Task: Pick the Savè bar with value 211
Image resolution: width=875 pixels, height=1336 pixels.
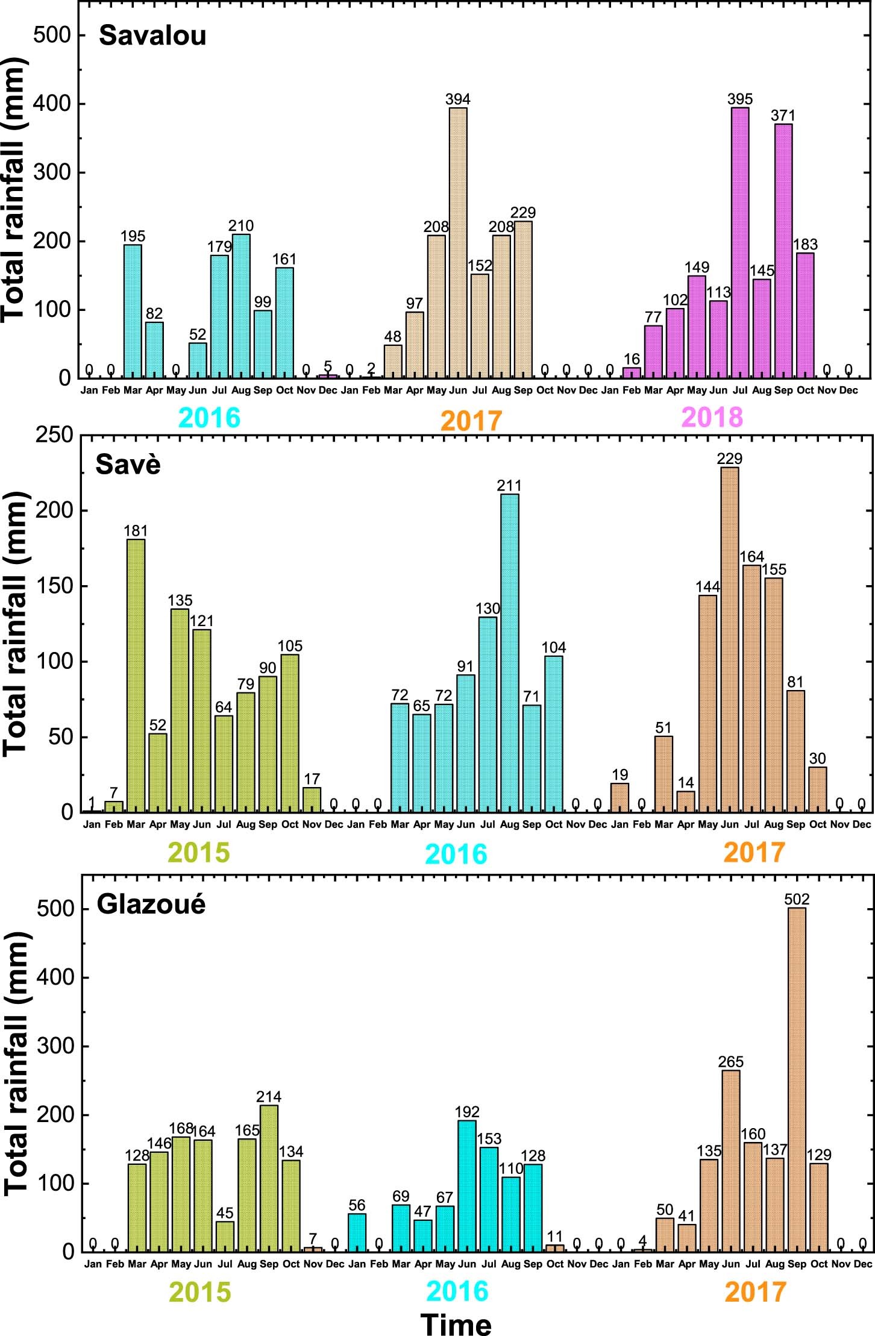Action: click(x=509, y=653)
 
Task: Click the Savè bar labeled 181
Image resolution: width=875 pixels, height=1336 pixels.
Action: click(x=136, y=676)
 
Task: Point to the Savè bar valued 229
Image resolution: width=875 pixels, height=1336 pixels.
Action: click(x=730, y=640)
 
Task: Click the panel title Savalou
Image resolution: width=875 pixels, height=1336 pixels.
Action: click(x=152, y=36)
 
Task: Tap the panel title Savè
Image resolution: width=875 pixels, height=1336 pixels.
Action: click(x=128, y=465)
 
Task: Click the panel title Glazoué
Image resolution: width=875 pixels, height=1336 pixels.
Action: click(x=151, y=905)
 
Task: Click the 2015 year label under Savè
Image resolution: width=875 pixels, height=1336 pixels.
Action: click(x=199, y=851)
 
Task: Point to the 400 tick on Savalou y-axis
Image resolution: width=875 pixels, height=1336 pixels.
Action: click(x=52, y=104)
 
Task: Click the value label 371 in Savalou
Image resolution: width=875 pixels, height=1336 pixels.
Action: click(x=783, y=115)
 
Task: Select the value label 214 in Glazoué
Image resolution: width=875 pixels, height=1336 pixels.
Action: click(x=269, y=1096)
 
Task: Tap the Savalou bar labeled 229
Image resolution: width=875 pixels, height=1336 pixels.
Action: click(x=523, y=300)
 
